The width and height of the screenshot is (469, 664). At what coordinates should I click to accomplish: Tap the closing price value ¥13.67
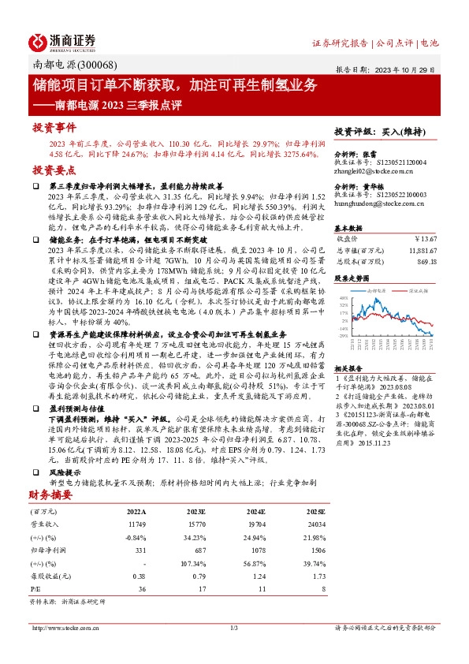coord(424,237)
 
